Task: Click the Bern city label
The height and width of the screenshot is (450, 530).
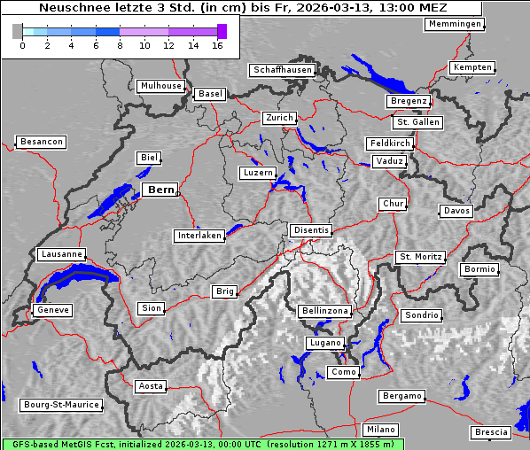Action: click(x=160, y=190)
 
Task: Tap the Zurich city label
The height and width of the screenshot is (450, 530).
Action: click(x=278, y=118)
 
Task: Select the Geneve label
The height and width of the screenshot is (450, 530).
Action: click(x=52, y=310)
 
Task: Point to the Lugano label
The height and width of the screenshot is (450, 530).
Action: click(x=323, y=343)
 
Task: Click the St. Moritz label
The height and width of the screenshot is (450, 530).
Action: click(x=420, y=257)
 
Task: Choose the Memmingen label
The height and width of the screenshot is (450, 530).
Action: click(x=455, y=24)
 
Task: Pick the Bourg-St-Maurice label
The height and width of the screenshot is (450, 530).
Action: click(x=61, y=405)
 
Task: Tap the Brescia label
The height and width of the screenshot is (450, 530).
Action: click(x=491, y=432)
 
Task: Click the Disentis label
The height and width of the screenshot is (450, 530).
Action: click(x=311, y=230)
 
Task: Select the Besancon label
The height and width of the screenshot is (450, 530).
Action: click(x=41, y=142)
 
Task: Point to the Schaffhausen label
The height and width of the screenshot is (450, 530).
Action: click(x=282, y=69)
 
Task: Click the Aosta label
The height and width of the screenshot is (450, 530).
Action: click(x=151, y=386)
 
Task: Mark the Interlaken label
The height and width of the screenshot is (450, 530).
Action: click(x=199, y=236)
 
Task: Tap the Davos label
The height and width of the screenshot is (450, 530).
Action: click(x=456, y=211)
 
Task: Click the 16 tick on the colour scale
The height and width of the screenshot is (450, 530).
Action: click(x=218, y=45)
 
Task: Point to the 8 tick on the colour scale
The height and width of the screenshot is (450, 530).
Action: click(x=121, y=45)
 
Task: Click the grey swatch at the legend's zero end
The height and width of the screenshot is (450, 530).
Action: click(x=17, y=31)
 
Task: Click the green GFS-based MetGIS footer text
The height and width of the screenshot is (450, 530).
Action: click(x=202, y=444)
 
